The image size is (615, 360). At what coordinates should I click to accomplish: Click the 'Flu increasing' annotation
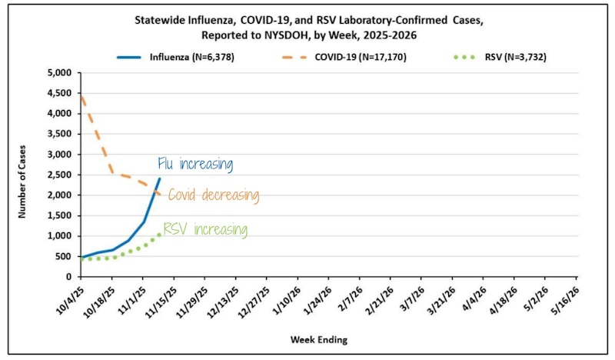click(x=194, y=164)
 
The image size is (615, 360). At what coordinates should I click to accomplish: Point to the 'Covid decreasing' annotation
click(x=213, y=195)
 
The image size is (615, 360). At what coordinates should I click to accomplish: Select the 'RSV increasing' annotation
click(x=205, y=229)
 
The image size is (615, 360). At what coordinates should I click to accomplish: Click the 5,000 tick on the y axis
click(x=59, y=73)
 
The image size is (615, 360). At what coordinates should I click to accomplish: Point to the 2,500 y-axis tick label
click(x=59, y=175)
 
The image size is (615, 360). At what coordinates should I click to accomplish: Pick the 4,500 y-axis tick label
click(x=59, y=93)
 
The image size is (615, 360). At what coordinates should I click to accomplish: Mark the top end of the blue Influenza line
click(x=159, y=179)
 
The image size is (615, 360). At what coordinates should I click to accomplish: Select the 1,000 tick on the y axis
click(x=59, y=236)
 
